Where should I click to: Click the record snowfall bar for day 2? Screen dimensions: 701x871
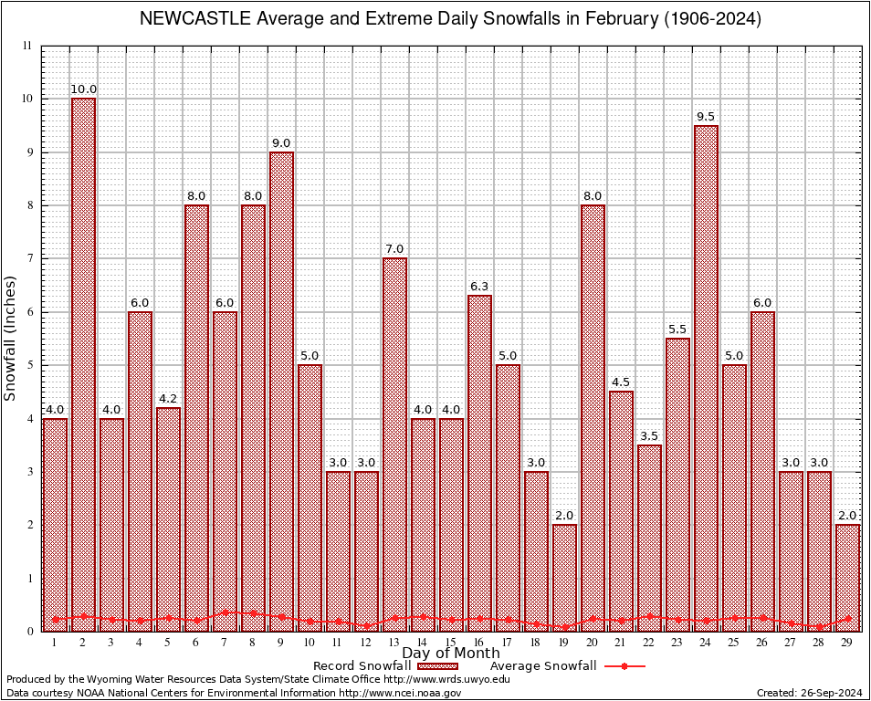(x=83, y=365)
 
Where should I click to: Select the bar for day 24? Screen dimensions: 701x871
(x=706, y=378)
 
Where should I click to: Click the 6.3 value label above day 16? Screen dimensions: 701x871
(x=479, y=287)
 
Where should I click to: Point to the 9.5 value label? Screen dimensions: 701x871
(x=706, y=117)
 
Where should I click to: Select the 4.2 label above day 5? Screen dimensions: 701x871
(x=168, y=399)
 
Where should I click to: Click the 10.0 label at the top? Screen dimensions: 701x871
(x=83, y=89)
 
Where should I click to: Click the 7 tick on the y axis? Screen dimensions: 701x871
(x=28, y=258)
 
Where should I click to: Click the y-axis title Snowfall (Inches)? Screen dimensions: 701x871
(x=11, y=338)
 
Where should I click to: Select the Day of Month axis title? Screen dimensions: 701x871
(x=450, y=654)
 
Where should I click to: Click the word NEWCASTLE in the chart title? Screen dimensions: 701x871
(x=187, y=19)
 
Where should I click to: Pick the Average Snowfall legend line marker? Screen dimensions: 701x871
(x=624, y=666)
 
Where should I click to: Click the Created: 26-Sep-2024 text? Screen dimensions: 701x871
(x=809, y=693)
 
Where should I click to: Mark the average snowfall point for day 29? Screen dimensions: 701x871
(x=847, y=618)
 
